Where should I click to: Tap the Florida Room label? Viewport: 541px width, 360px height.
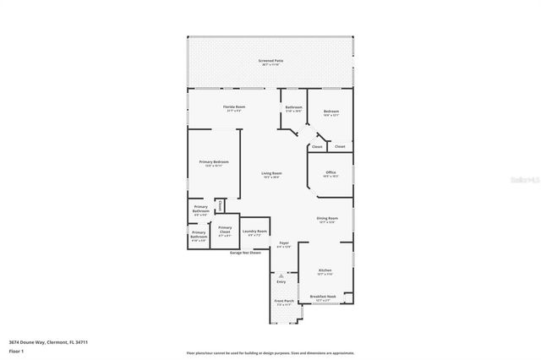coord(234,107)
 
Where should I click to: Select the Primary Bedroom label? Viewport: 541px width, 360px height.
coord(214,162)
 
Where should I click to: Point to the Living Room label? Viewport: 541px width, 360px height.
coord(271,175)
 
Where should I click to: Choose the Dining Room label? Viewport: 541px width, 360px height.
coord(327,220)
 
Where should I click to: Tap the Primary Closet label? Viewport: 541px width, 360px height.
coord(225,228)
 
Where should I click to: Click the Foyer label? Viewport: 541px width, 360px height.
coord(284,244)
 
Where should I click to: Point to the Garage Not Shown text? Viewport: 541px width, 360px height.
coord(245,252)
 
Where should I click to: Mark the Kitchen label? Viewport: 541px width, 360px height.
coord(325,272)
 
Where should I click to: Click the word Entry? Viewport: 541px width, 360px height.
coord(281,282)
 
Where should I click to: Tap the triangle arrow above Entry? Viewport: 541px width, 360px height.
coord(281,275)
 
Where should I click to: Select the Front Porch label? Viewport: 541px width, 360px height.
coord(283,302)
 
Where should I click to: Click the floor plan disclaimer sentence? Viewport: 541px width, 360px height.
coord(270,352)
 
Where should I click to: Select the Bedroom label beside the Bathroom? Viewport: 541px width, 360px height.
coord(331,112)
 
